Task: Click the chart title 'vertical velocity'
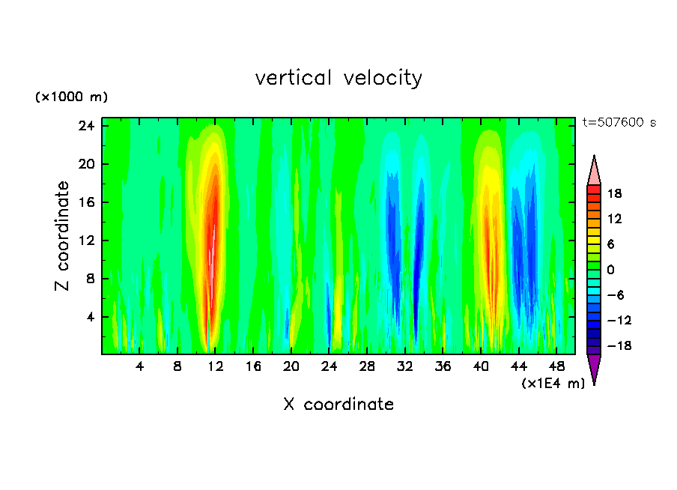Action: point(338,78)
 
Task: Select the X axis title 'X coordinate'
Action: point(338,405)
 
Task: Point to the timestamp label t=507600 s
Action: point(619,123)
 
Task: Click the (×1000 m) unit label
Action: point(71,97)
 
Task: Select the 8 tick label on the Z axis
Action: point(89,279)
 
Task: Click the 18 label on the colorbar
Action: point(615,193)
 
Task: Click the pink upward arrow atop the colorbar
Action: point(594,171)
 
